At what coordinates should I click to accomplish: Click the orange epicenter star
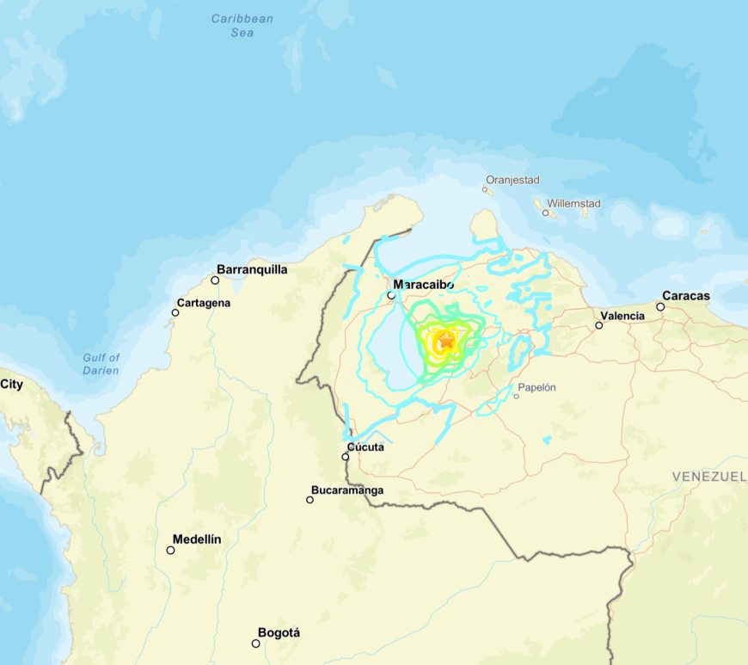pos(446,342)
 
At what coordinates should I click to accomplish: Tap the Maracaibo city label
pos(423,284)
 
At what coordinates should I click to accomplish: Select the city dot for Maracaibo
pos(390,295)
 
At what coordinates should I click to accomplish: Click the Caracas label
pos(686,296)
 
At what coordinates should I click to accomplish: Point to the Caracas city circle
pos(660,306)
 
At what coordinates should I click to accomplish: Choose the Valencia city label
pos(622,316)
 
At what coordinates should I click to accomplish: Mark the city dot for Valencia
pos(598,325)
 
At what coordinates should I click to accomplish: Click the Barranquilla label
pos(252,269)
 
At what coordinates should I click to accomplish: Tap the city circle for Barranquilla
pos(215,280)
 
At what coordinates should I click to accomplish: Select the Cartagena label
pos(203,303)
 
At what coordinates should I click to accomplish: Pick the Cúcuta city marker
pos(345,457)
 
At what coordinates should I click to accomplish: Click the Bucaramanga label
pos(347,490)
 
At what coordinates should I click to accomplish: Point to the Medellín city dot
pos(170,550)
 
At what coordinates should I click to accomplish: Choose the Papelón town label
pos(536,387)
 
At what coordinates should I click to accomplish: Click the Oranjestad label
pos(512,180)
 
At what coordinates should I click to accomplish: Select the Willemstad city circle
pos(545,212)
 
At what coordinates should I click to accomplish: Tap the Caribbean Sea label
pos(242,25)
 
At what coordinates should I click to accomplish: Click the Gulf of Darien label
pos(101,364)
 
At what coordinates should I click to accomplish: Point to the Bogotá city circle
pos(255,643)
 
